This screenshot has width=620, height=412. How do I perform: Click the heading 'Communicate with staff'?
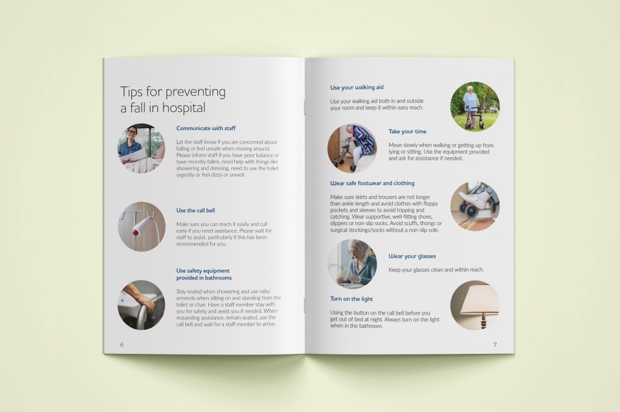206,128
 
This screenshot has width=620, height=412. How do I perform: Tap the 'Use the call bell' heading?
196,211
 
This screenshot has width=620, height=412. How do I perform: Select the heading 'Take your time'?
407,131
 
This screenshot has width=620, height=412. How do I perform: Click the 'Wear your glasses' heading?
412,257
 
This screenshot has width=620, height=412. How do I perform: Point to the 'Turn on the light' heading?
352,299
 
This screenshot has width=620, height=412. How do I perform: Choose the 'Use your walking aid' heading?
357,87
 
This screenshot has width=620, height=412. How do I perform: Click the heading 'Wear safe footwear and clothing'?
372,183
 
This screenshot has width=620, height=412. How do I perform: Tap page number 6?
122,345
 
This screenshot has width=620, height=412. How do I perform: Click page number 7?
495,345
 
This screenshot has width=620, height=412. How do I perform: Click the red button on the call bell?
136,232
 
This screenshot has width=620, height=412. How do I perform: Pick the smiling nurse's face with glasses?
132,133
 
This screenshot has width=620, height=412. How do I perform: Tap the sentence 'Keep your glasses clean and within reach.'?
436,270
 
